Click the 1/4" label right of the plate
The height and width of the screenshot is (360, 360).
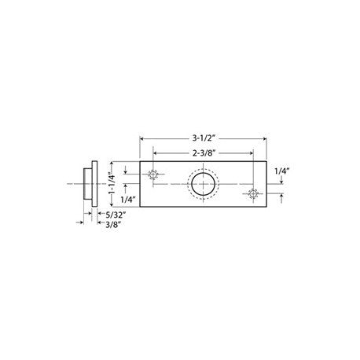point(282,169)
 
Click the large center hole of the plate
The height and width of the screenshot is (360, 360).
point(203,186)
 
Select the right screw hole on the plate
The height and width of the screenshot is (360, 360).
point(252,193)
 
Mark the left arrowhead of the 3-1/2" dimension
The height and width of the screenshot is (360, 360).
point(142,139)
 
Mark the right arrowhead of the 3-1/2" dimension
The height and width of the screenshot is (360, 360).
point(264,139)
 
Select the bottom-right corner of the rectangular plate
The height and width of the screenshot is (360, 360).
point(266,208)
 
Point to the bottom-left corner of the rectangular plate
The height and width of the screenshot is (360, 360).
point(140,208)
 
